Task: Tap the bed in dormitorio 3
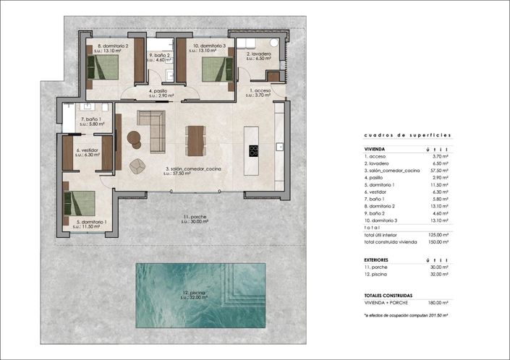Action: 213,68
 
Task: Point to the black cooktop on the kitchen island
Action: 254,151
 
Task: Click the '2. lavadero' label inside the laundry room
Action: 258,54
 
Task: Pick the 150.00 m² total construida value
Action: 438,241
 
